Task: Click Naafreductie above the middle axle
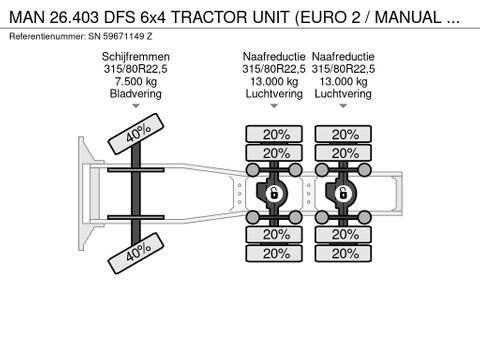[x=274, y=56]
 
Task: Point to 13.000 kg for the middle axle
[x=274, y=82]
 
